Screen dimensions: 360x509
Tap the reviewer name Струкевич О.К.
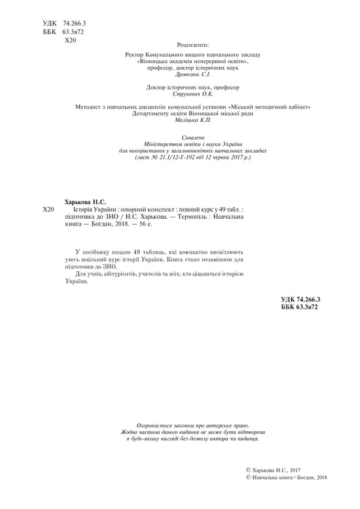point(193,95)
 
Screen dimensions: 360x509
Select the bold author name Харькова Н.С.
point(86,201)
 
